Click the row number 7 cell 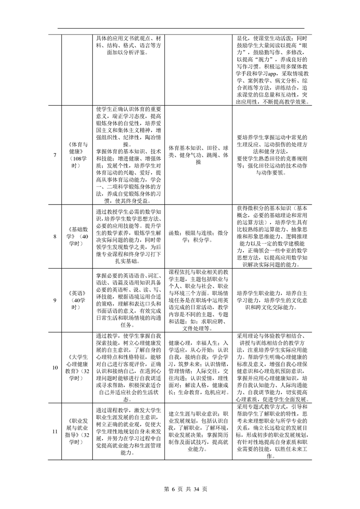[x=55, y=155]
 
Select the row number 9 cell [x=55, y=300]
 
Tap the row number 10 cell [x=55, y=367]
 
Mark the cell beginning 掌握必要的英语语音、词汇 [x=129, y=300]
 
